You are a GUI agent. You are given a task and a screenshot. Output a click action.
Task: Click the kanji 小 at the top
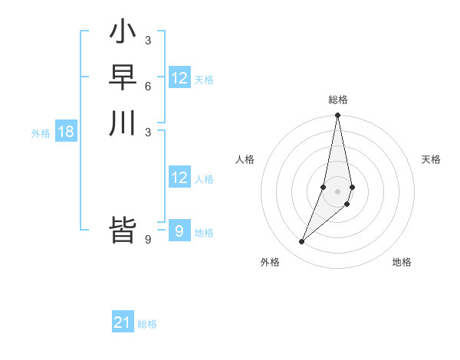pos(123,33)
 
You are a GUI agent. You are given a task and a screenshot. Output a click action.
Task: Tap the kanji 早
pos(123,77)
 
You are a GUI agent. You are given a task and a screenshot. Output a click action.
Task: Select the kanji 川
pos(123,123)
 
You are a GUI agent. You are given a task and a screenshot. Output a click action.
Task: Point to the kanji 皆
pos(123,231)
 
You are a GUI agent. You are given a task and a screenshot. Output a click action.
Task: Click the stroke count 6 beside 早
pos(147,86)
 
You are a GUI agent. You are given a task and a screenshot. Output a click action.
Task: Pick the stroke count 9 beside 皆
pos(147,240)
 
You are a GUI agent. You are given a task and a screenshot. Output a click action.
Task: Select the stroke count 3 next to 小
pos(147,40)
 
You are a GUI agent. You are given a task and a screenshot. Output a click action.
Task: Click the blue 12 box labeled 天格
pos(179,78)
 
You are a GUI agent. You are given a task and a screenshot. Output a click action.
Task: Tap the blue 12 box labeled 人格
pos(179,178)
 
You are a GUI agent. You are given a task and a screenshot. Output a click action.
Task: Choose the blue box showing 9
pos(179,231)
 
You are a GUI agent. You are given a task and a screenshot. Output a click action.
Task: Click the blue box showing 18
pos(66,132)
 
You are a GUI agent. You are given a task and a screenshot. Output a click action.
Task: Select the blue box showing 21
pos(123,322)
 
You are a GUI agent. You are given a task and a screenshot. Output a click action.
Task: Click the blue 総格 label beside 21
pos(147,324)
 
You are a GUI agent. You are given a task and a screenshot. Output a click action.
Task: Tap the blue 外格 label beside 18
pos(41,133)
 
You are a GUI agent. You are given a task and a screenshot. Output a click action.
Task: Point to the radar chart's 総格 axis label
pos(338,100)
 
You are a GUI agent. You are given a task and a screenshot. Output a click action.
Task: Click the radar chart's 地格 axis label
pos(402,262)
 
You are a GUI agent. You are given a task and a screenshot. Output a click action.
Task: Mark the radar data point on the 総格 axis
pos(338,116)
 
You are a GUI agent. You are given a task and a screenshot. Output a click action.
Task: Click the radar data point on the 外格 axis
pos(302,242)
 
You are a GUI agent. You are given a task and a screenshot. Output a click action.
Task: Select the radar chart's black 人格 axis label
pos(245,159)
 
